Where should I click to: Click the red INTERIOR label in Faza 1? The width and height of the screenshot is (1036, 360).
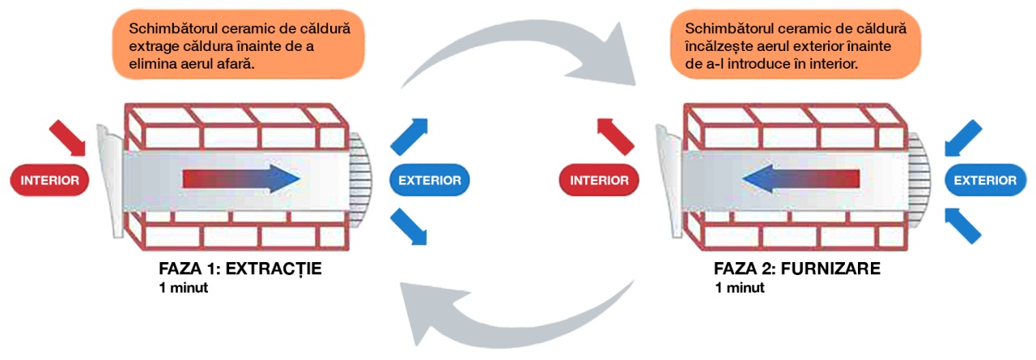[x=49, y=180]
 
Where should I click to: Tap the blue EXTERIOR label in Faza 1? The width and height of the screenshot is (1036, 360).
[x=430, y=180]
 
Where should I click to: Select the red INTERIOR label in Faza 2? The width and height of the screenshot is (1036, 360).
[x=599, y=180]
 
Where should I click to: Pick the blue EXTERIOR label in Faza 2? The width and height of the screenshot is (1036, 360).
[x=986, y=180]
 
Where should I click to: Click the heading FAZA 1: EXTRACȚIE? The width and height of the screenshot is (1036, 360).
[x=240, y=269]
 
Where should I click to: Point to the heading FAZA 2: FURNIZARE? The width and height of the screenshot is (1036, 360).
[x=797, y=269]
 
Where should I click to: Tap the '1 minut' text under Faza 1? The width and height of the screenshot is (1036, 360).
[x=183, y=288]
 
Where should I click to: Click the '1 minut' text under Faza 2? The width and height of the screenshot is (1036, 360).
[x=740, y=288]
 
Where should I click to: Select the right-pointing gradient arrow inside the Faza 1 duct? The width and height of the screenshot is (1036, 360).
[x=241, y=179]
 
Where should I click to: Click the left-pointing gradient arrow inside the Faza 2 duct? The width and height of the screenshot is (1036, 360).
[x=800, y=179]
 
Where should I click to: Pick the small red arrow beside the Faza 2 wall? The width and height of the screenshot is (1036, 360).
[x=615, y=137]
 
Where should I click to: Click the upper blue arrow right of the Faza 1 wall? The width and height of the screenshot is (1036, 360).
[x=410, y=137]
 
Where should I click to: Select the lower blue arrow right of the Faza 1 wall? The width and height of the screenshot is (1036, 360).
[x=409, y=227]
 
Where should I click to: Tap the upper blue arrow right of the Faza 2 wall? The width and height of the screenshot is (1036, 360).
[x=963, y=138]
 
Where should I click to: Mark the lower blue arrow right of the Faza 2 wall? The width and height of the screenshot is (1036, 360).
[x=963, y=226]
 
